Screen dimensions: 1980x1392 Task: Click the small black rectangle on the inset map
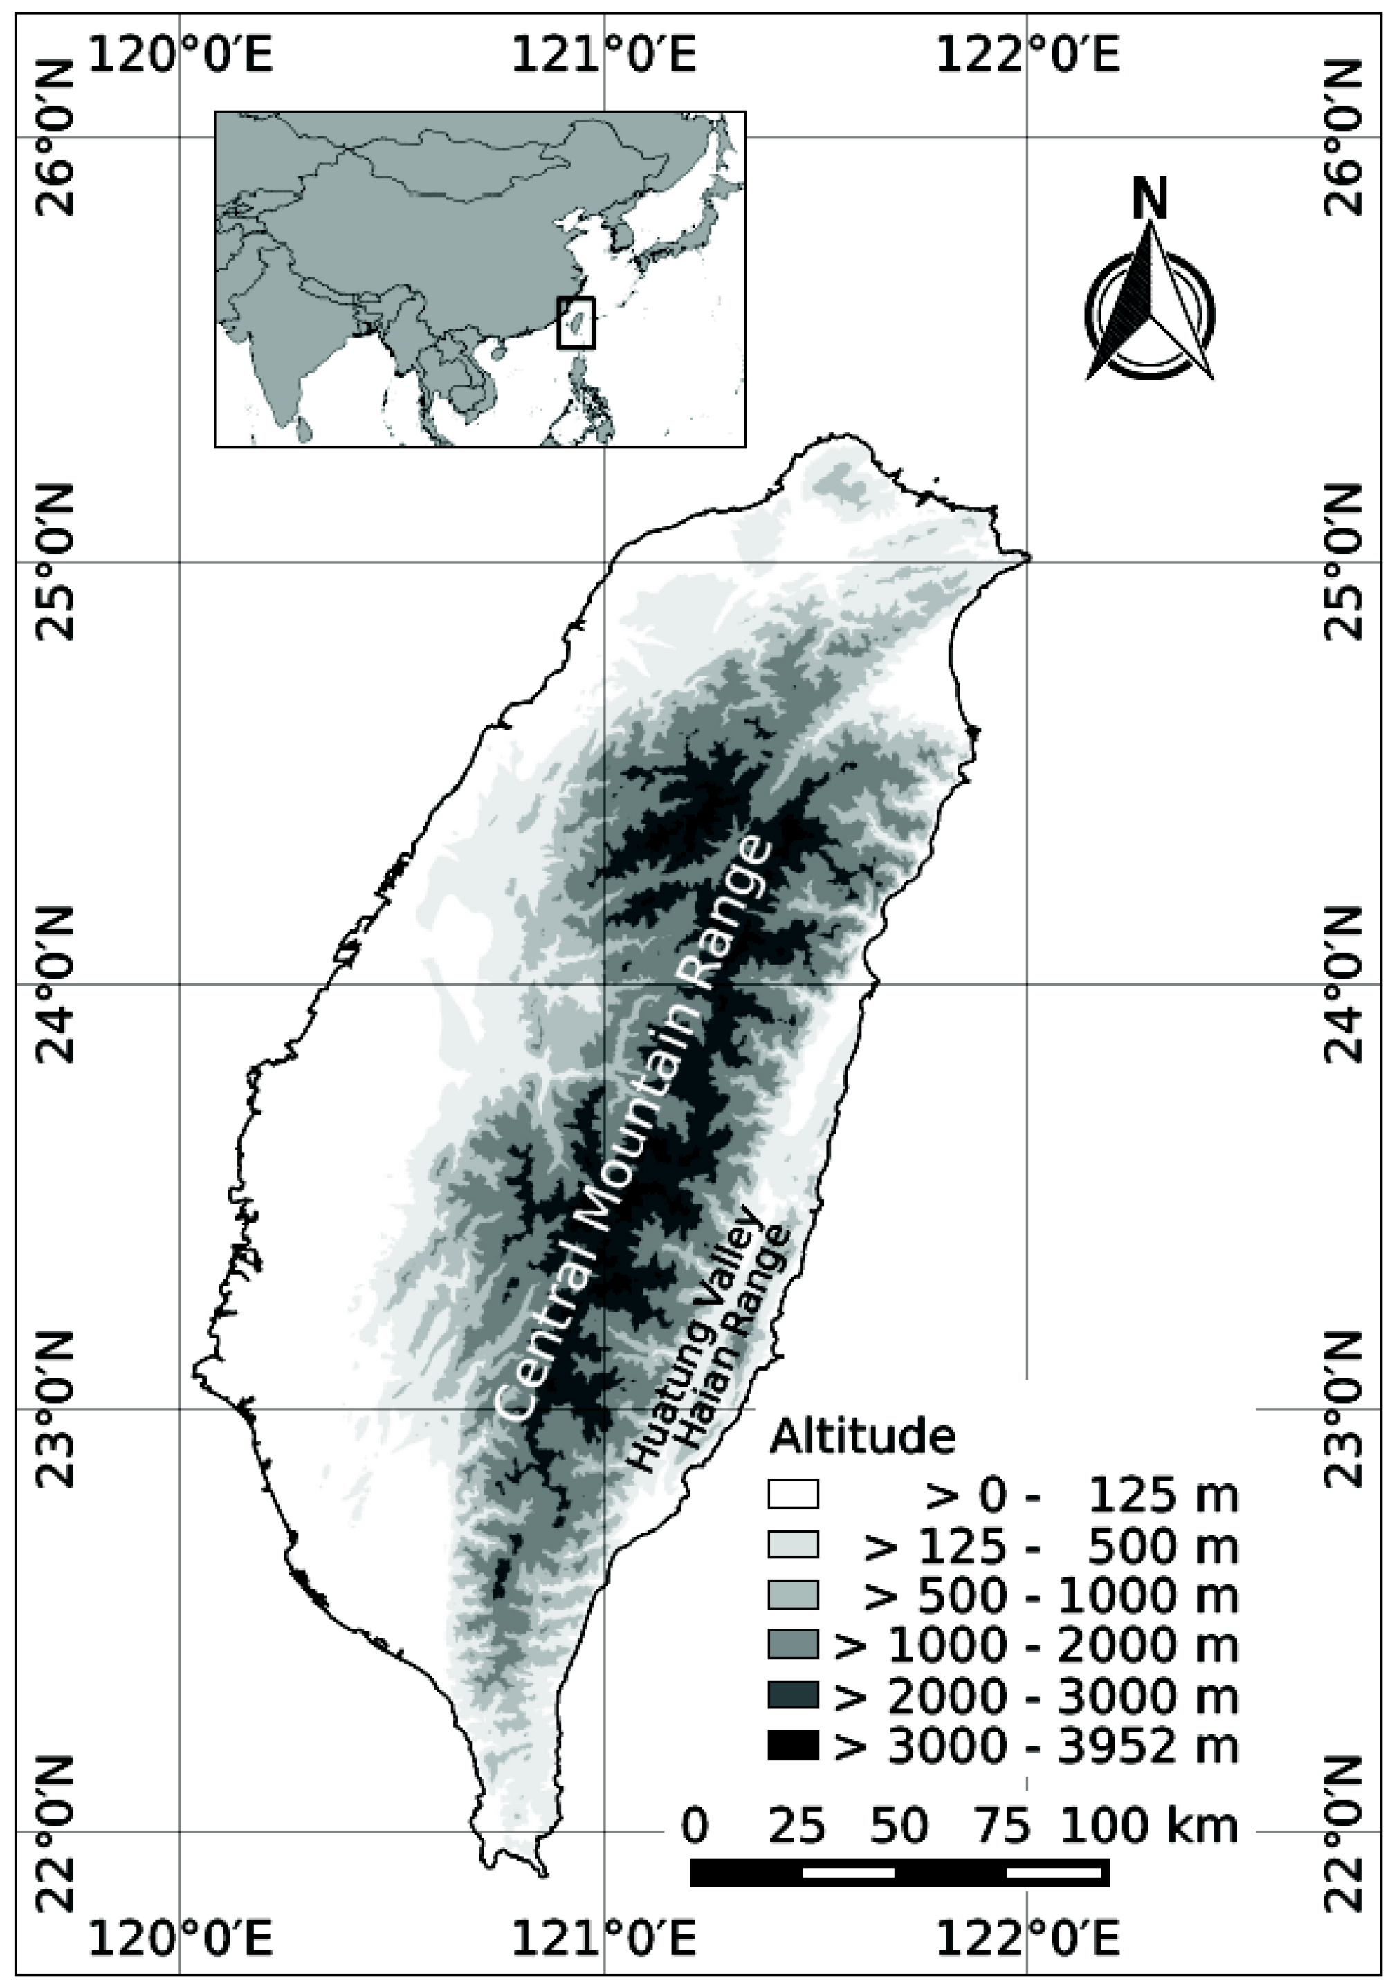pyautogui.click(x=576, y=322)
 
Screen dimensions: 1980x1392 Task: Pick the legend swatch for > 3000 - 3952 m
pyautogui.click(x=793, y=1747)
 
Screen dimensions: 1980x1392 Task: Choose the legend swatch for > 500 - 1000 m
pyautogui.click(x=793, y=1595)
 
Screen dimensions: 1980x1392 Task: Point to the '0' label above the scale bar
pyautogui.click(x=695, y=1826)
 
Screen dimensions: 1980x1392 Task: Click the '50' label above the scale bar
pyautogui.click(x=899, y=1826)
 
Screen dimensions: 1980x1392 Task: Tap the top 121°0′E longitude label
pyautogui.click(x=604, y=55)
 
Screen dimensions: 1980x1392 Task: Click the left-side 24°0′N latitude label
pyautogui.click(x=53, y=984)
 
